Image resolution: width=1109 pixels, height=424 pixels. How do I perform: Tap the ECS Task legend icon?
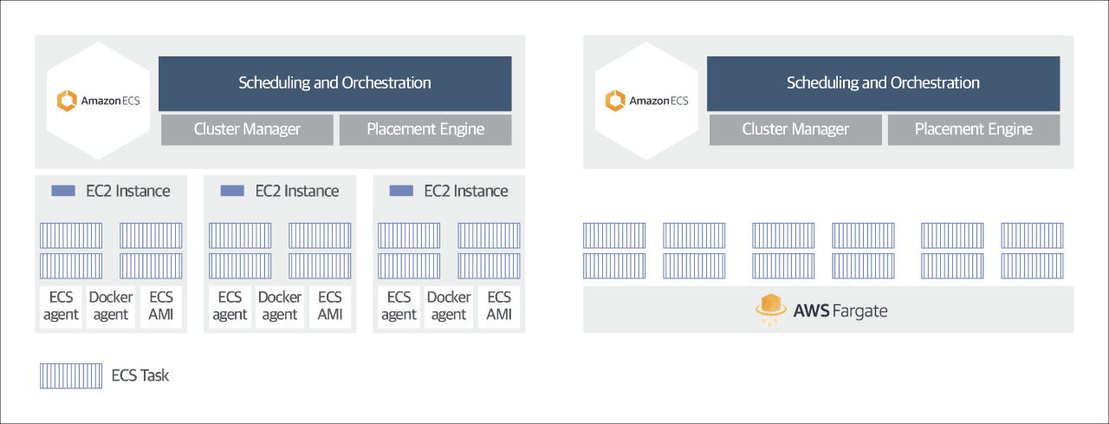(x=71, y=376)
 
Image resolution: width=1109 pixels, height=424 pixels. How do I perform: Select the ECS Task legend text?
(x=140, y=375)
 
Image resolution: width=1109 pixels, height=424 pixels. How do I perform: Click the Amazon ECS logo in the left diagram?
(x=98, y=101)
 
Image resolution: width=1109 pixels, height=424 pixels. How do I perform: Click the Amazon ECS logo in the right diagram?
(x=646, y=101)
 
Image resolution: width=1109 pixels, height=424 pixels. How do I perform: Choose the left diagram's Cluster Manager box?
(x=247, y=130)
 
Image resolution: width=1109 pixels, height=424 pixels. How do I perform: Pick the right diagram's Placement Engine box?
(x=974, y=130)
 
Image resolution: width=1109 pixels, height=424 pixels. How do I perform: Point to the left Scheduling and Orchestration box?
(x=334, y=83)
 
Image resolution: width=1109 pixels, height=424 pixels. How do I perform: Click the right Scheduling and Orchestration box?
(x=883, y=83)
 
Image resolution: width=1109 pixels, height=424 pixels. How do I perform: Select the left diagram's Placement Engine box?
(x=425, y=130)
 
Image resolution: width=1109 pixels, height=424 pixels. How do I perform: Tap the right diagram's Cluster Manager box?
(x=795, y=130)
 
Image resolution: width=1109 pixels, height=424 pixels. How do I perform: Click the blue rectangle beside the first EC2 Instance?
(x=63, y=191)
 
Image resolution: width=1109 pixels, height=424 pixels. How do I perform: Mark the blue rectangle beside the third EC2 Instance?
(x=401, y=191)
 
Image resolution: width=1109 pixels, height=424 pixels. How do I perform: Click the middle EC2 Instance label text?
(x=297, y=192)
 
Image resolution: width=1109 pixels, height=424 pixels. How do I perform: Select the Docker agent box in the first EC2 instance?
(x=111, y=307)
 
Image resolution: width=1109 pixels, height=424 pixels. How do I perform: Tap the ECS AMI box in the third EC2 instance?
(x=499, y=307)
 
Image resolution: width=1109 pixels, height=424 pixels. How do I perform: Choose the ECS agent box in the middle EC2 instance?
(x=230, y=307)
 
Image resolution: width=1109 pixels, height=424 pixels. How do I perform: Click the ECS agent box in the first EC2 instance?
(x=61, y=307)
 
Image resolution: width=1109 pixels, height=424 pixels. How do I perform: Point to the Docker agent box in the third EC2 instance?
(x=449, y=307)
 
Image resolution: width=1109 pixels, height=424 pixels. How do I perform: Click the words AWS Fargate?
(x=840, y=311)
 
